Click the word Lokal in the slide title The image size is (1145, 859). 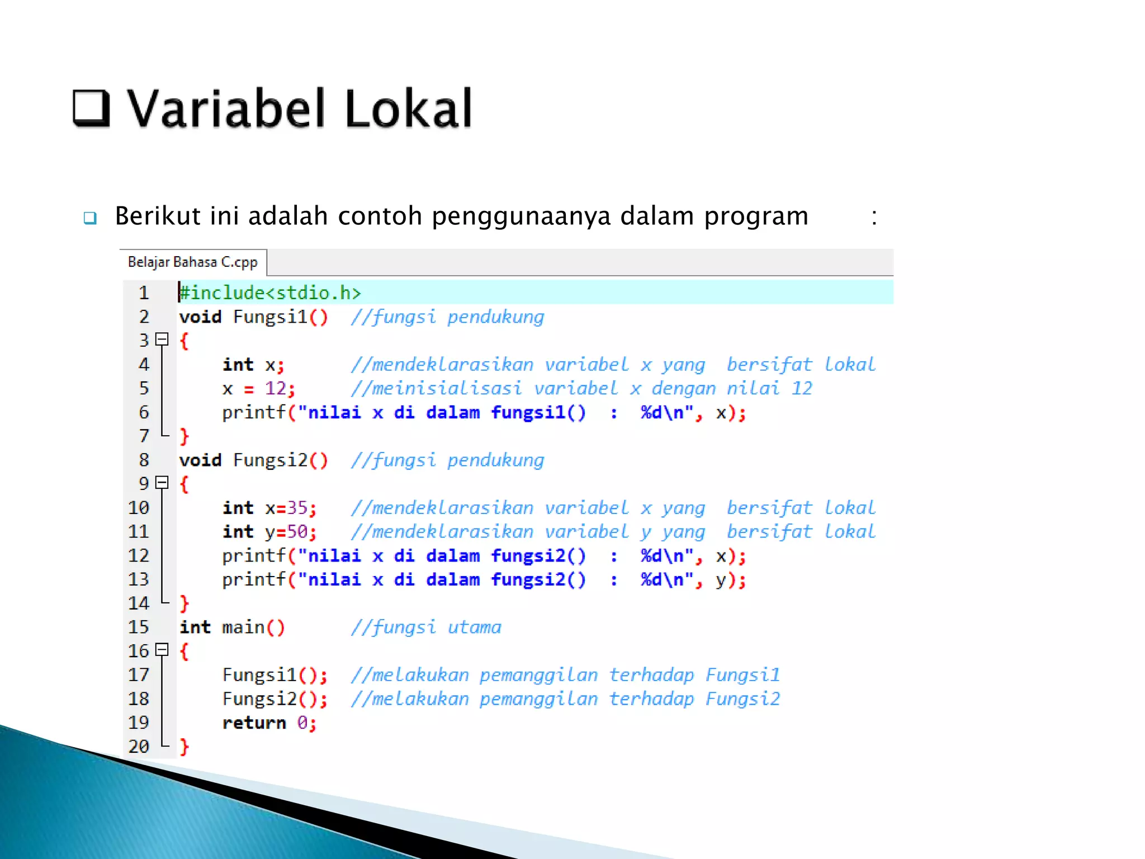[x=409, y=108]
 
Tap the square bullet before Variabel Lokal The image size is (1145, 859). [x=91, y=107]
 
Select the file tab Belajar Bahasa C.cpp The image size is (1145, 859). [x=192, y=262]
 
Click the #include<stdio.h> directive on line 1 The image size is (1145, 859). [x=270, y=292]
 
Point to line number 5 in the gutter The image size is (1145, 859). [x=144, y=388]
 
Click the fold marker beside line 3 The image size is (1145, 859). [x=162, y=339]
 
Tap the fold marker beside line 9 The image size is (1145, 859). [x=162, y=482]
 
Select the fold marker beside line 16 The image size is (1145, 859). [x=162, y=649]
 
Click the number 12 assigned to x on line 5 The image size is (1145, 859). [x=276, y=388]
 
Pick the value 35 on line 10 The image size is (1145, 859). [x=297, y=508]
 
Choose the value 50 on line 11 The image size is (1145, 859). [x=297, y=532]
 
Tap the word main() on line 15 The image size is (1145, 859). [x=253, y=627]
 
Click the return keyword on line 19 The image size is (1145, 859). [x=254, y=723]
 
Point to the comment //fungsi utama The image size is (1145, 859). [x=426, y=627]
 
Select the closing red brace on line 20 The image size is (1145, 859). [x=184, y=747]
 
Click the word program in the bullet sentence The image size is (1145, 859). [x=756, y=216]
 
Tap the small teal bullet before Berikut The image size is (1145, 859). [x=90, y=218]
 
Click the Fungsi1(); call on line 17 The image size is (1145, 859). [x=275, y=675]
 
